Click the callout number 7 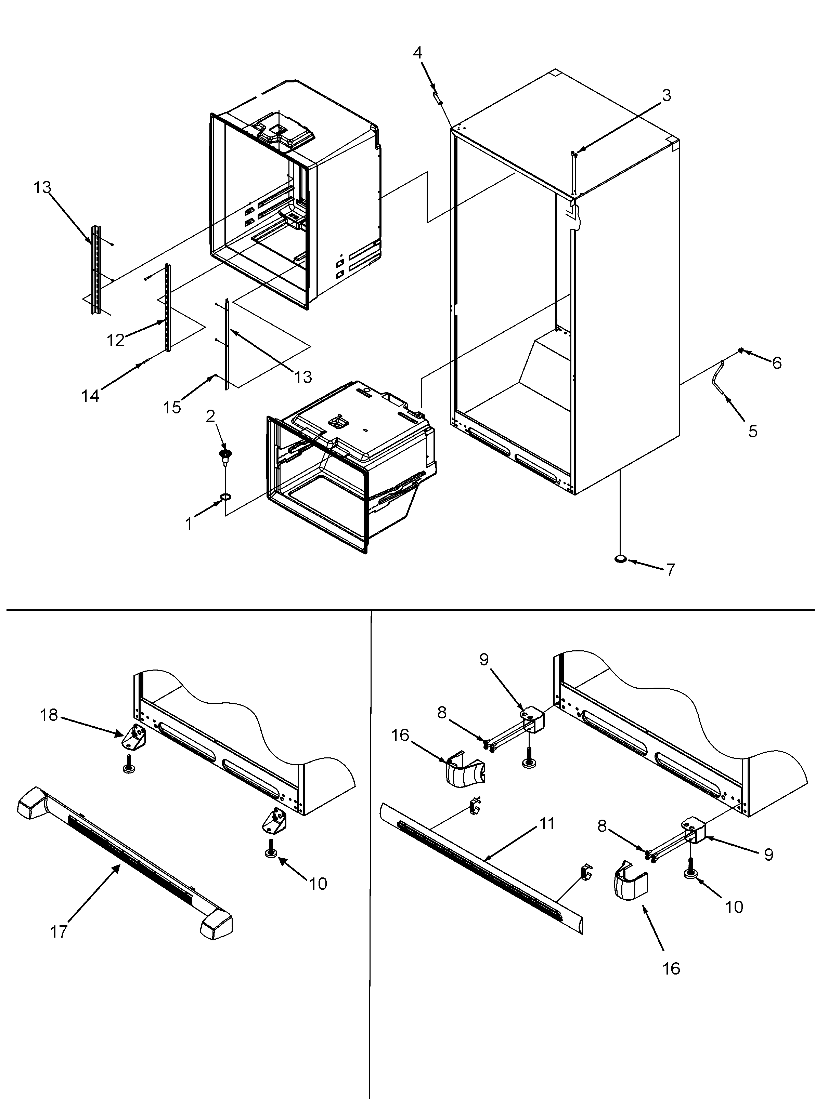[671, 570]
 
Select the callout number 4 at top [417, 53]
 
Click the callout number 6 [777, 363]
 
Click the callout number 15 [172, 407]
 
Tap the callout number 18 [49, 715]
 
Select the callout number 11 [547, 823]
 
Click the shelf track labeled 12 [168, 308]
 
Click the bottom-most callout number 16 [671, 968]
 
